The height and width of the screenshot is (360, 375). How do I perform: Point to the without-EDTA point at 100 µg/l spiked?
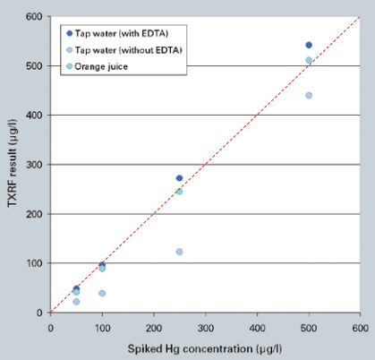click(x=102, y=293)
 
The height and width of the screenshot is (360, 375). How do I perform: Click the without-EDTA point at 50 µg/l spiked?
click(x=76, y=302)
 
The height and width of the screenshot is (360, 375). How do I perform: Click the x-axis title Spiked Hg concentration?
click(x=206, y=347)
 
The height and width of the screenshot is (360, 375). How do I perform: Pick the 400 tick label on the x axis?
click(x=257, y=327)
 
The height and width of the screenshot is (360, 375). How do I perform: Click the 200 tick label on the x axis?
click(x=154, y=327)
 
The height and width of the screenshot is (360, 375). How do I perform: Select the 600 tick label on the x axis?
click(x=360, y=327)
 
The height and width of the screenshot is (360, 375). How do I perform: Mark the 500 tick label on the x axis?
click(x=309, y=327)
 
